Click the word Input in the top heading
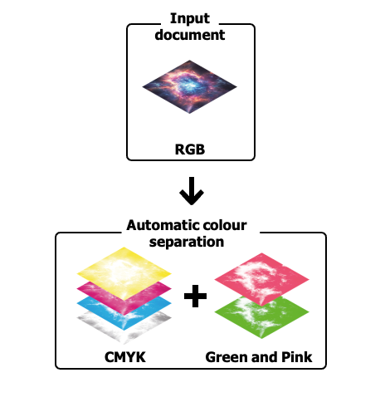pyautogui.click(x=190, y=19)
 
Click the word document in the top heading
pyautogui.click(x=190, y=35)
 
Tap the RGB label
pyautogui.click(x=190, y=150)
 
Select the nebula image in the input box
pyautogui.click(x=190, y=86)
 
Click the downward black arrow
pyautogui.click(x=192, y=191)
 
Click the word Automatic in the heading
pyautogui.click(x=163, y=225)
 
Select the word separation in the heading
pyautogui.click(x=187, y=243)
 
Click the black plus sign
pyautogui.click(x=195, y=296)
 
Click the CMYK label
pyautogui.click(x=125, y=357)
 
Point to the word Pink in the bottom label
pyautogui.click(x=297, y=357)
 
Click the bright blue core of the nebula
pyautogui.click(x=191, y=84)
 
